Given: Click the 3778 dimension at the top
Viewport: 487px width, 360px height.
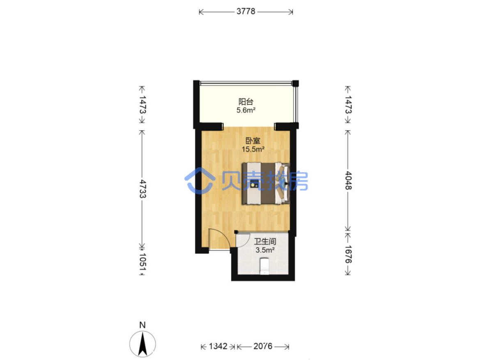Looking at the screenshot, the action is [x=246, y=12].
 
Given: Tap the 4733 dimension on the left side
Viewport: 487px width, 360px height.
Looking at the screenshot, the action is [x=142, y=189].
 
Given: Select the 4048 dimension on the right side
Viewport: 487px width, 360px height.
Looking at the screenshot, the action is [x=348, y=181].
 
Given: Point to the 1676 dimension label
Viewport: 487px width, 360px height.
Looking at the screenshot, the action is [x=348, y=254].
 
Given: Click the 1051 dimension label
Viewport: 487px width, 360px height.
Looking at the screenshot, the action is [x=142, y=262].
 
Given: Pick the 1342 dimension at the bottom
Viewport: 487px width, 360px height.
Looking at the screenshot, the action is [x=218, y=346].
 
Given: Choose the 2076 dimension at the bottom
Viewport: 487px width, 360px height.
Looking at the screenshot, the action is [x=263, y=346].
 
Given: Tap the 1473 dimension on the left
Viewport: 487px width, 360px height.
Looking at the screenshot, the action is [x=142, y=104].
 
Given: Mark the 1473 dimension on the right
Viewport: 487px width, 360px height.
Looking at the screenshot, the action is [x=348, y=104].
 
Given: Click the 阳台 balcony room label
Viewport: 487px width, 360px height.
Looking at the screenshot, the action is [x=246, y=102].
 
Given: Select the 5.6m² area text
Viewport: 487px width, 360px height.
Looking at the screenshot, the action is [x=246, y=111].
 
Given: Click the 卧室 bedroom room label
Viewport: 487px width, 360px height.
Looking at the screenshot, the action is [x=253, y=141].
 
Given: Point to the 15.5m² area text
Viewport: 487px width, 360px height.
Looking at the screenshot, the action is [x=253, y=150].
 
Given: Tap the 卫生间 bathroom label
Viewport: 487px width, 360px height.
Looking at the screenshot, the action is [x=265, y=242].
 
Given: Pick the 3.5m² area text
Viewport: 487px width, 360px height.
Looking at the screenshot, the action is [x=265, y=250].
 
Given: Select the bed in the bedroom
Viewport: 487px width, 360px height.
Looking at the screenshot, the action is [x=266, y=183].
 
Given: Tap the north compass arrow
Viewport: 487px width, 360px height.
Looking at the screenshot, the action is [x=142, y=344].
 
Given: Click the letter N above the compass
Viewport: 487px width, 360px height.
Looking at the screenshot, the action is [x=142, y=325].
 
